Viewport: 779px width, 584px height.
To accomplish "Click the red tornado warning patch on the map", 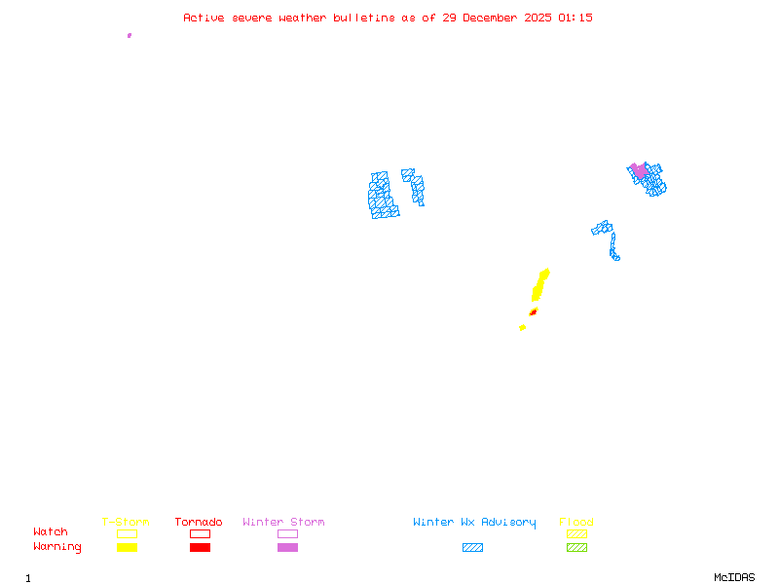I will point(533,312).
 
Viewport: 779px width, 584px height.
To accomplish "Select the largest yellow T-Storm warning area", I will point(539,284).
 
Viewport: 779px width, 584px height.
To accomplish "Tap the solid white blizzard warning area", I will point(400,192).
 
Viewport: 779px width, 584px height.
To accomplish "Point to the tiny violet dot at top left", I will point(130,35).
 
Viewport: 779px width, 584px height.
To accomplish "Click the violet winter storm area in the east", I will point(639,170).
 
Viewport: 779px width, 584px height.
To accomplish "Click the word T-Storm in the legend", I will point(126,522).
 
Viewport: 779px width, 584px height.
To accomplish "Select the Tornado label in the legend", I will point(199,522).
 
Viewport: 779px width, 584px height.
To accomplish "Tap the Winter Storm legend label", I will point(283,522).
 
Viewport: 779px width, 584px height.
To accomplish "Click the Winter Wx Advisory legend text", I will point(474,522).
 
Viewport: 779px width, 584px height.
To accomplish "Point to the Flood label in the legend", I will point(576,522).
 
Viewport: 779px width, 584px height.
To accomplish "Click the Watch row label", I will point(51,532).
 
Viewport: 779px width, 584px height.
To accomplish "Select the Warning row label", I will point(57,547).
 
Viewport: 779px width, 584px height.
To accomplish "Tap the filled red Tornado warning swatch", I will point(200,547).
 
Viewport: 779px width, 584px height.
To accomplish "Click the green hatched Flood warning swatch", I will point(576,547).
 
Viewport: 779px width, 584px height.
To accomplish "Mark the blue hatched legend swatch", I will point(472,547).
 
